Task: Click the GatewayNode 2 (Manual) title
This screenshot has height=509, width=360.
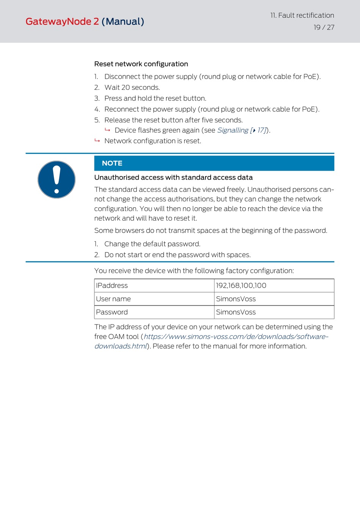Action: coord(85,22)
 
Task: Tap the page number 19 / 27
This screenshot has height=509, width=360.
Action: coord(324,27)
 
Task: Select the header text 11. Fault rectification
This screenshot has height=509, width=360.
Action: coord(302,16)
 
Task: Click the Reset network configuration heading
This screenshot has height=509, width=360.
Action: coord(141,64)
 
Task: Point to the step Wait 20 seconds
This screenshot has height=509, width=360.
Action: coord(132,88)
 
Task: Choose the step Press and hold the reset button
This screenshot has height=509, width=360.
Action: coord(155,99)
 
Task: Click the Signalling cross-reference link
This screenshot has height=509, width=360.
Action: coord(242,130)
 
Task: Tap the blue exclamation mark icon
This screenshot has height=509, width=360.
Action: coord(56,180)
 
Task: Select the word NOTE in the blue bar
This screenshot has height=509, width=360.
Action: coord(112,163)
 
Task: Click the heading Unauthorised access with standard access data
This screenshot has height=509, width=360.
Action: coord(173,177)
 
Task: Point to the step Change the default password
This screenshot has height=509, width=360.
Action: coord(152,244)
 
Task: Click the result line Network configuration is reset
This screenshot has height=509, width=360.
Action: coord(153,141)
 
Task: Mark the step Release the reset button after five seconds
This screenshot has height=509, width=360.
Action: coord(173,120)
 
